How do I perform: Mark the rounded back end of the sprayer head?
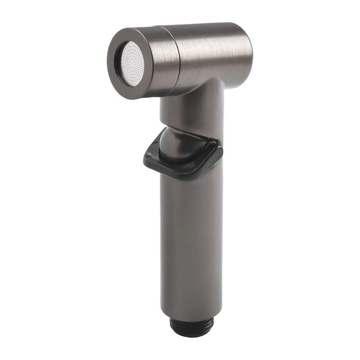click(x=247, y=49)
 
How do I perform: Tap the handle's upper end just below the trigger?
click(x=191, y=184)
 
